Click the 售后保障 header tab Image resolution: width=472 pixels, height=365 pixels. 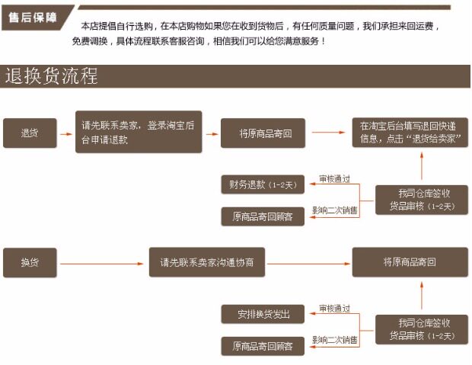pos(33,16)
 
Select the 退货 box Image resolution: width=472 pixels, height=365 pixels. pos(29,133)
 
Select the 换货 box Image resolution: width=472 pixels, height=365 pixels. pos(29,262)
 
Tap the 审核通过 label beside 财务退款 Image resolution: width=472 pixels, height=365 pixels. pos(334,178)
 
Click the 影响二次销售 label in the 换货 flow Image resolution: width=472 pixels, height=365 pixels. pos(334,340)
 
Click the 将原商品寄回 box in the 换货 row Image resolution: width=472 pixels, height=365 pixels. pos(410,262)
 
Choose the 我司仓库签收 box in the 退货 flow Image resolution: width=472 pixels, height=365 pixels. pos(421,200)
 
